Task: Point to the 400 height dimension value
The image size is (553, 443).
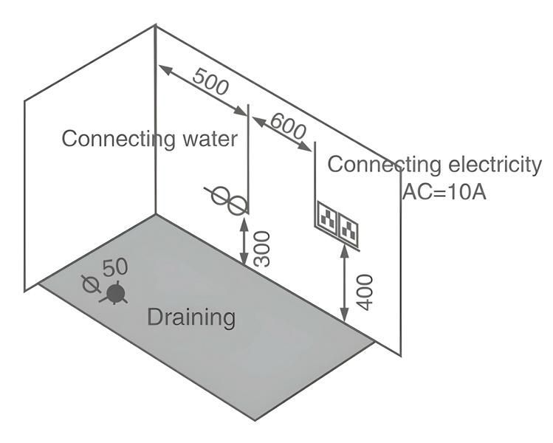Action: pyautogui.click(x=364, y=292)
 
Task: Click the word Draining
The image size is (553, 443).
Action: pyautogui.click(x=191, y=317)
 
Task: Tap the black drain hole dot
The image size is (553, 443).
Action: pyautogui.click(x=114, y=294)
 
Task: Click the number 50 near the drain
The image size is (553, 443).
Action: pyautogui.click(x=116, y=267)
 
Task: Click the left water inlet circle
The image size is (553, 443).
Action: pyautogui.click(x=220, y=196)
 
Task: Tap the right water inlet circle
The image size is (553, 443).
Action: pyautogui.click(x=236, y=205)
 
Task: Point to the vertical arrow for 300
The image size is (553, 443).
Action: pyautogui.click(x=244, y=236)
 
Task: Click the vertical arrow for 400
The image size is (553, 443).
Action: pyautogui.click(x=345, y=285)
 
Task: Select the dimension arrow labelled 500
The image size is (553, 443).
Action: pyautogui.click(x=202, y=89)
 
